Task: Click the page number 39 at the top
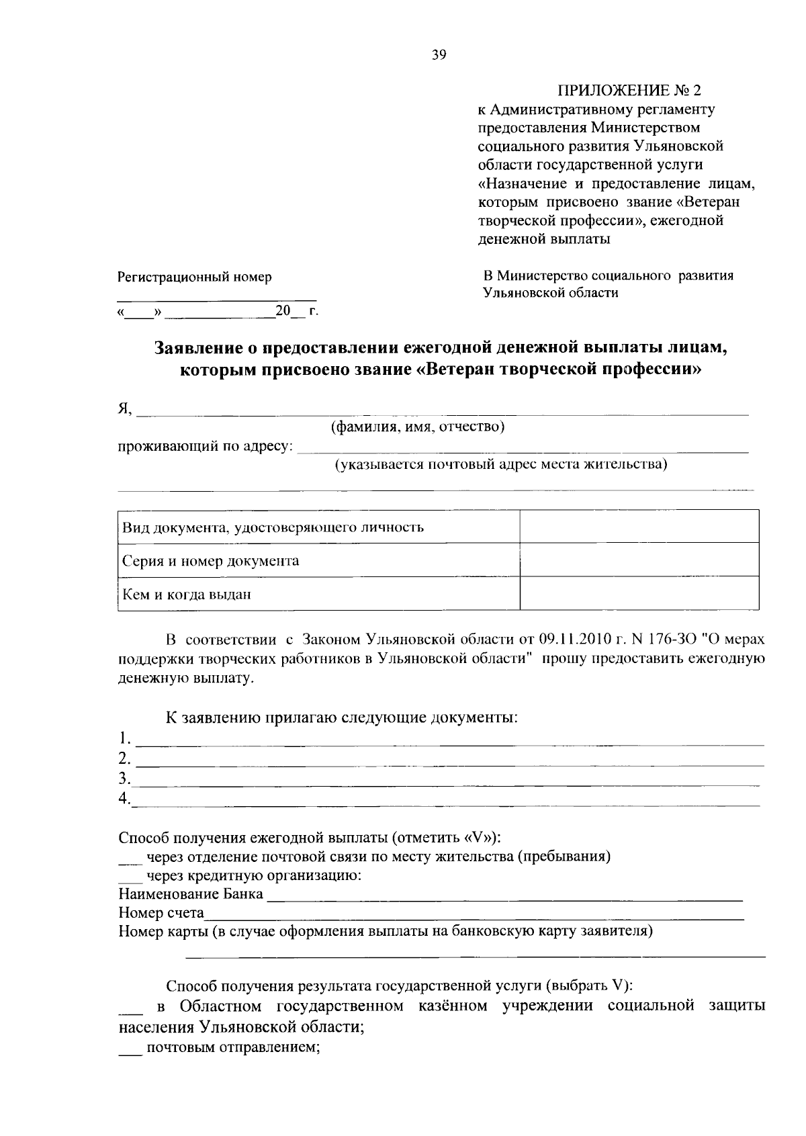[439, 55]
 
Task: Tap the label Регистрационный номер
[195, 277]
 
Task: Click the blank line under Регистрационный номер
[216, 298]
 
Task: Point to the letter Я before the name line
[124, 408]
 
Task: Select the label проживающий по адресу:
[206, 445]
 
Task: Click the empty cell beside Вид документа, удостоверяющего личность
[639, 526]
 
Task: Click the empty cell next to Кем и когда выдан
[639, 594]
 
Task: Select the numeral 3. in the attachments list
[124, 779]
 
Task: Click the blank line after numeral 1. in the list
[450, 743]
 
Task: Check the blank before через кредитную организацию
[130, 878]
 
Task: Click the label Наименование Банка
[191, 894]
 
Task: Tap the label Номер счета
[161, 913]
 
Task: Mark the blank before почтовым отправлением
[130, 1053]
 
